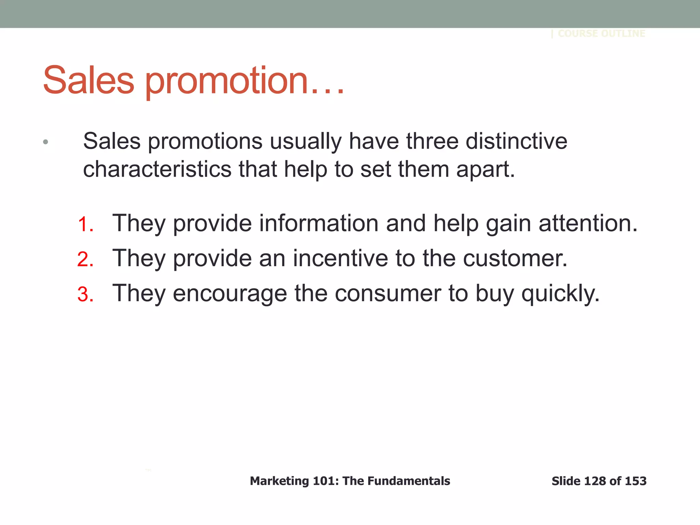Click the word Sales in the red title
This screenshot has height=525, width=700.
click(x=89, y=80)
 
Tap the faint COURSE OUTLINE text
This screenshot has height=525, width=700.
click(x=601, y=33)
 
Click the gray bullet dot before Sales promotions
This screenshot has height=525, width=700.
click(x=45, y=142)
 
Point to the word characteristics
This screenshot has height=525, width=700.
click(x=157, y=169)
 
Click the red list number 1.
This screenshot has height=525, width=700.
click(x=85, y=225)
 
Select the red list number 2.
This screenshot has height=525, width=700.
click(x=85, y=259)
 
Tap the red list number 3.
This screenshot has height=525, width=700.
click(x=85, y=294)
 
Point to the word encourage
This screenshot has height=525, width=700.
click(x=230, y=294)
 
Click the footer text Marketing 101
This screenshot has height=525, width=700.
click(x=294, y=481)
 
